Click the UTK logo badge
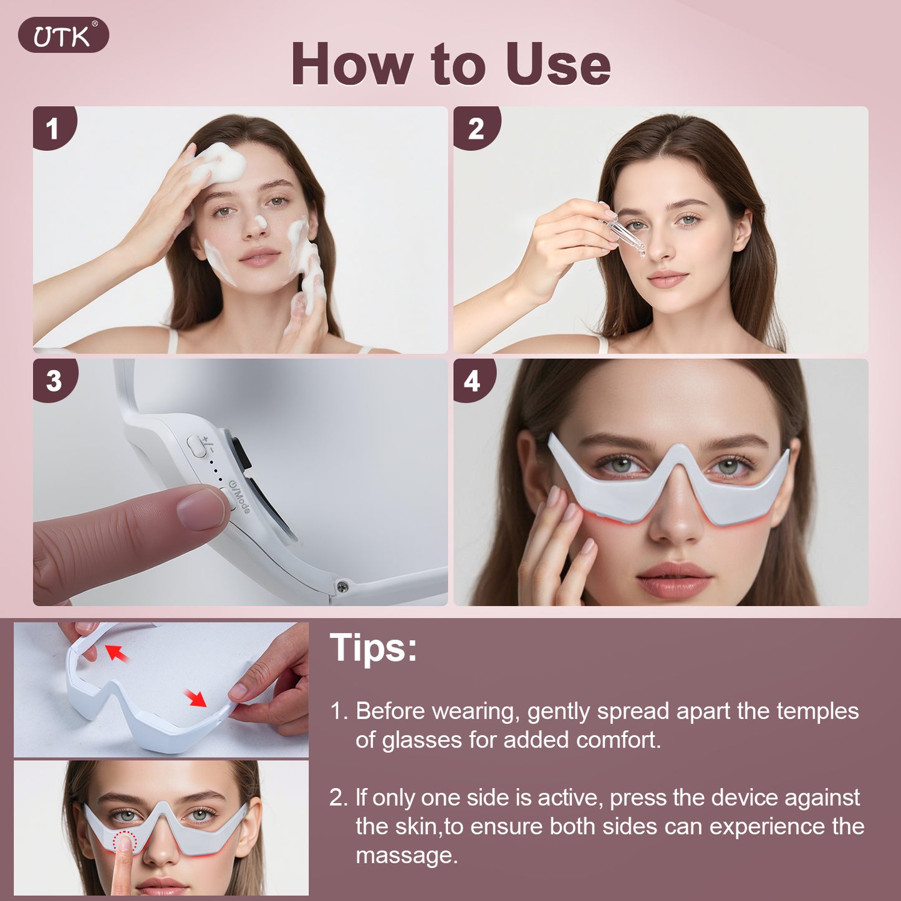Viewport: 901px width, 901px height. (x=63, y=36)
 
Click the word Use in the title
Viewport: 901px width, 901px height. (x=557, y=65)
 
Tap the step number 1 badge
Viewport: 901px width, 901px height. (x=53, y=129)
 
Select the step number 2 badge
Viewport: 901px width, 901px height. (x=475, y=129)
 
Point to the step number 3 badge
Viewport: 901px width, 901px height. (x=54, y=380)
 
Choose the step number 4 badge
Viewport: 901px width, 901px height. (x=472, y=380)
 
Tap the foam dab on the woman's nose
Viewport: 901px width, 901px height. (x=261, y=221)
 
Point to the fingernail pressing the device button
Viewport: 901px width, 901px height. (x=201, y=509)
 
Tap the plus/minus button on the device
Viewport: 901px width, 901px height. (x=198, y=446)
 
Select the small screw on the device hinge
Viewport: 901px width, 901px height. (x=342, y=587)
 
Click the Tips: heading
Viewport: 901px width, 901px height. (x=373, y=648)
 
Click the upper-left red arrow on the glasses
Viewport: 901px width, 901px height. (x=117, y=653)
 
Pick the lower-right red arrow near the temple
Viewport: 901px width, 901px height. (x=196, y=698)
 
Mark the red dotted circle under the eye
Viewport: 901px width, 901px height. (x=125, y=840)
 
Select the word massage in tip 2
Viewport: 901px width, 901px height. (x=405, y=855)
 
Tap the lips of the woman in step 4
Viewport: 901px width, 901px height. (x=674, y=579)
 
